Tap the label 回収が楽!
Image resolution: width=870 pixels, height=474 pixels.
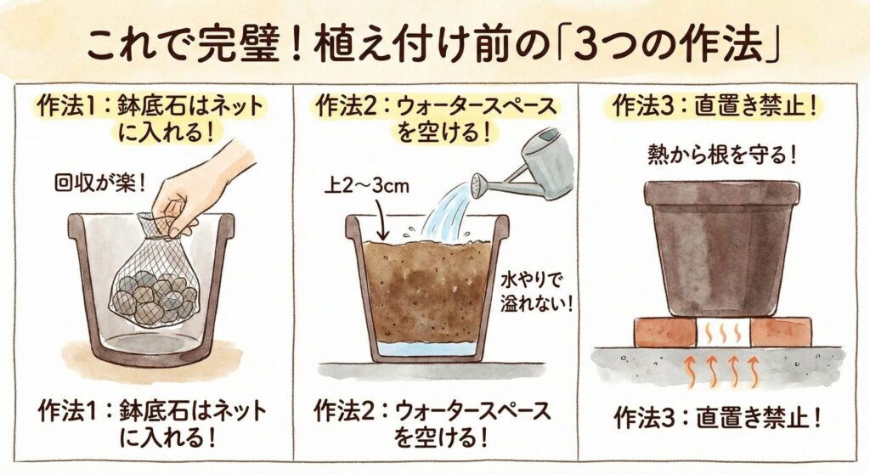click(100, 182)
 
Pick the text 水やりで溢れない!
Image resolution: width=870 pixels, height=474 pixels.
click(536, 291)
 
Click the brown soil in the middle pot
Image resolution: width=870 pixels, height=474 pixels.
click(427, 291)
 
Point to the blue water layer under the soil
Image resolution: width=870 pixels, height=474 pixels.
click(427, 349)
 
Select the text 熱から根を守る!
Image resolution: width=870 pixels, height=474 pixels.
click(722, 155)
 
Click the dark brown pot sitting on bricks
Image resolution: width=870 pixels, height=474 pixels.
click(722, 248)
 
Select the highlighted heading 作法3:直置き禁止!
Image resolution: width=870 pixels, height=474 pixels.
click(715, 106)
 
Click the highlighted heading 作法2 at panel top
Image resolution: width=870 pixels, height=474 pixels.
click(436, 119)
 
